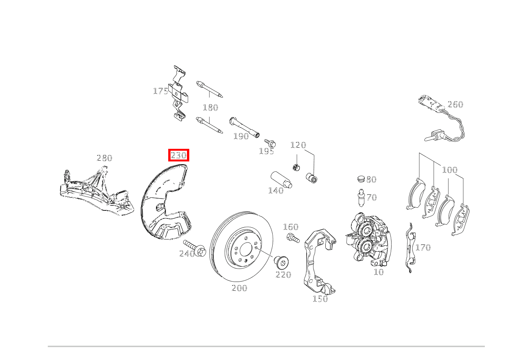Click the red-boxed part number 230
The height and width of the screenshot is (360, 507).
[179, 155]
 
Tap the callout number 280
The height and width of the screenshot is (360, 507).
[104, 158]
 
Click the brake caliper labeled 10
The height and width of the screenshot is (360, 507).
[369, 239]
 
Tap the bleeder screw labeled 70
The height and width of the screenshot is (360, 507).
[361, 197]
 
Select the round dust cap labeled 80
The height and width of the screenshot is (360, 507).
[361, 179]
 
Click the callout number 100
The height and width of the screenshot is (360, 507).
[450, 170]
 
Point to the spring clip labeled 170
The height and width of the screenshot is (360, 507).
[410, 248]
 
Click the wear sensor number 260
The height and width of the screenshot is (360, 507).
[455, 104]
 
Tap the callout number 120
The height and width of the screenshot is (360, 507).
[298, 145]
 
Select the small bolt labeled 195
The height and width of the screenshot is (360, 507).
[270, 143]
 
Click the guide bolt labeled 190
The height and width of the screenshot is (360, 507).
[244, 127]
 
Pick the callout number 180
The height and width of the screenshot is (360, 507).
[211, 108]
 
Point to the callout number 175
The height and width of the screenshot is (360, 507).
[161, 91]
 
